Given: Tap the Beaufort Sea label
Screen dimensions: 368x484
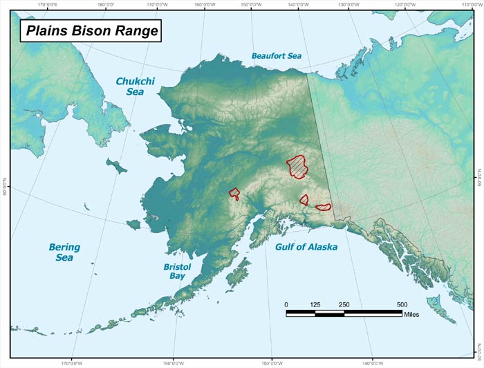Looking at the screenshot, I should coord(276,55).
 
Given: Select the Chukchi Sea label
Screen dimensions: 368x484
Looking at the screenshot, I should coord(135,86).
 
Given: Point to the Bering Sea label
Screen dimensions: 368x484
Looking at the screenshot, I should coord(64,252).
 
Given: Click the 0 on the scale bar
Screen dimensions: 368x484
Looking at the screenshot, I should coord(286,304).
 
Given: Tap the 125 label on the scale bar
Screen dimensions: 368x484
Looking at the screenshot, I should coord(315,304).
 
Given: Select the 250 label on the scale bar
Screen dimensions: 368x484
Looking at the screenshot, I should coord(344,304).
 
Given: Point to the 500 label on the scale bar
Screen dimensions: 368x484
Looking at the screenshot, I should coord(402,304).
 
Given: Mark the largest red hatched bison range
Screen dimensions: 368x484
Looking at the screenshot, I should coord(298,165).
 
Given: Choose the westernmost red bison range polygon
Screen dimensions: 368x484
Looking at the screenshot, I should coord(234,194).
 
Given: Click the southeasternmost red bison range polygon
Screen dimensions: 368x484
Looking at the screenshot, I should coord(324,206).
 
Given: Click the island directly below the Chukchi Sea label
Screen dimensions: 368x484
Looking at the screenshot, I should coord(116,167).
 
